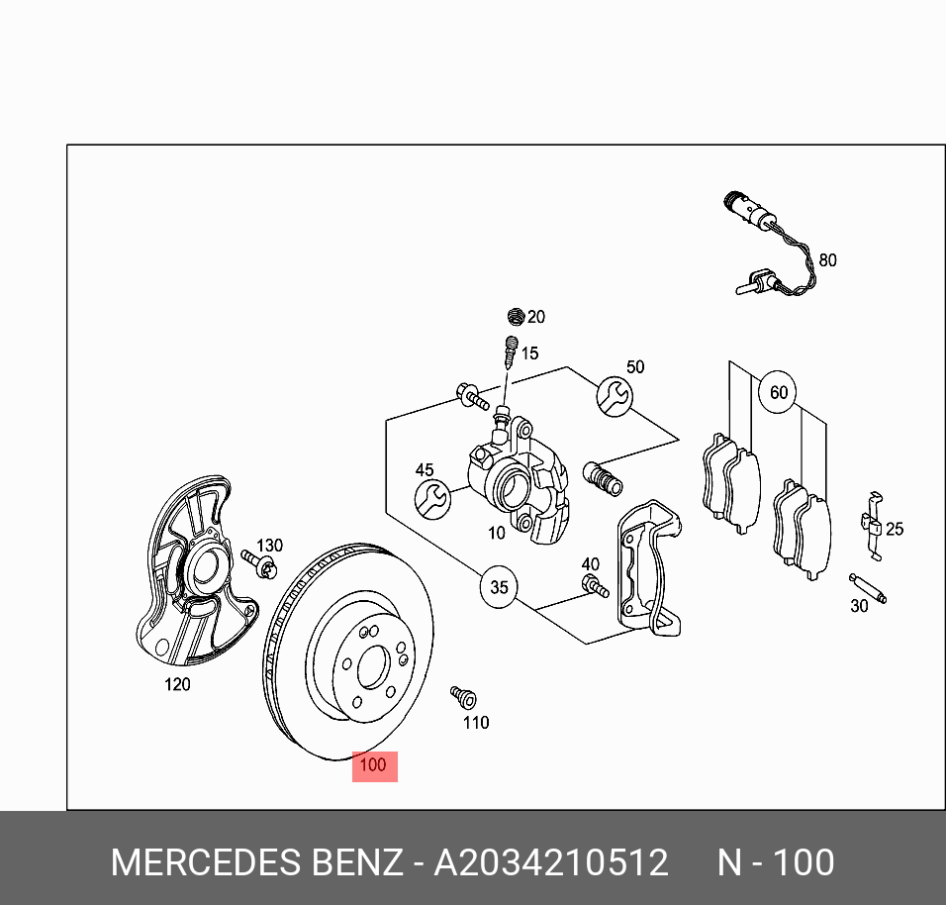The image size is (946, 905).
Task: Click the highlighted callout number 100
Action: (x=374, y=765)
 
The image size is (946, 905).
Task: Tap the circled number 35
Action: (x=499, y=587)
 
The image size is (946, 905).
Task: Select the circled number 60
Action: (x=779, y=393)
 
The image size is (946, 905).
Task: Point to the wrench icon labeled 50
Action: (x=614, y=396)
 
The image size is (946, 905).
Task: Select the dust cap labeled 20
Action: (x=515, y=317)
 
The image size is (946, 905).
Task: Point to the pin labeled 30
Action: (x=869, y=587)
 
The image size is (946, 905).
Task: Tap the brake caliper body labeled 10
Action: (x=520, y=485)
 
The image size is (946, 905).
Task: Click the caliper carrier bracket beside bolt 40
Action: (x=647, y=564)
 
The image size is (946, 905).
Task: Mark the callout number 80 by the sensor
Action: (x=827, y=260)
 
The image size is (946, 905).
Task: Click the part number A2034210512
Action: (x=551, y=862)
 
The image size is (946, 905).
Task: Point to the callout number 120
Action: (x=176, y=683)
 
